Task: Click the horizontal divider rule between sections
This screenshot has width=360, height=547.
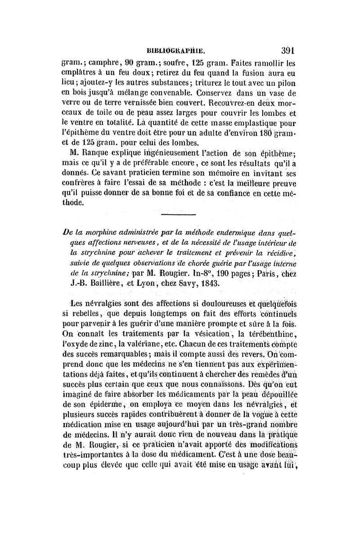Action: [x=178, y=215]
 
